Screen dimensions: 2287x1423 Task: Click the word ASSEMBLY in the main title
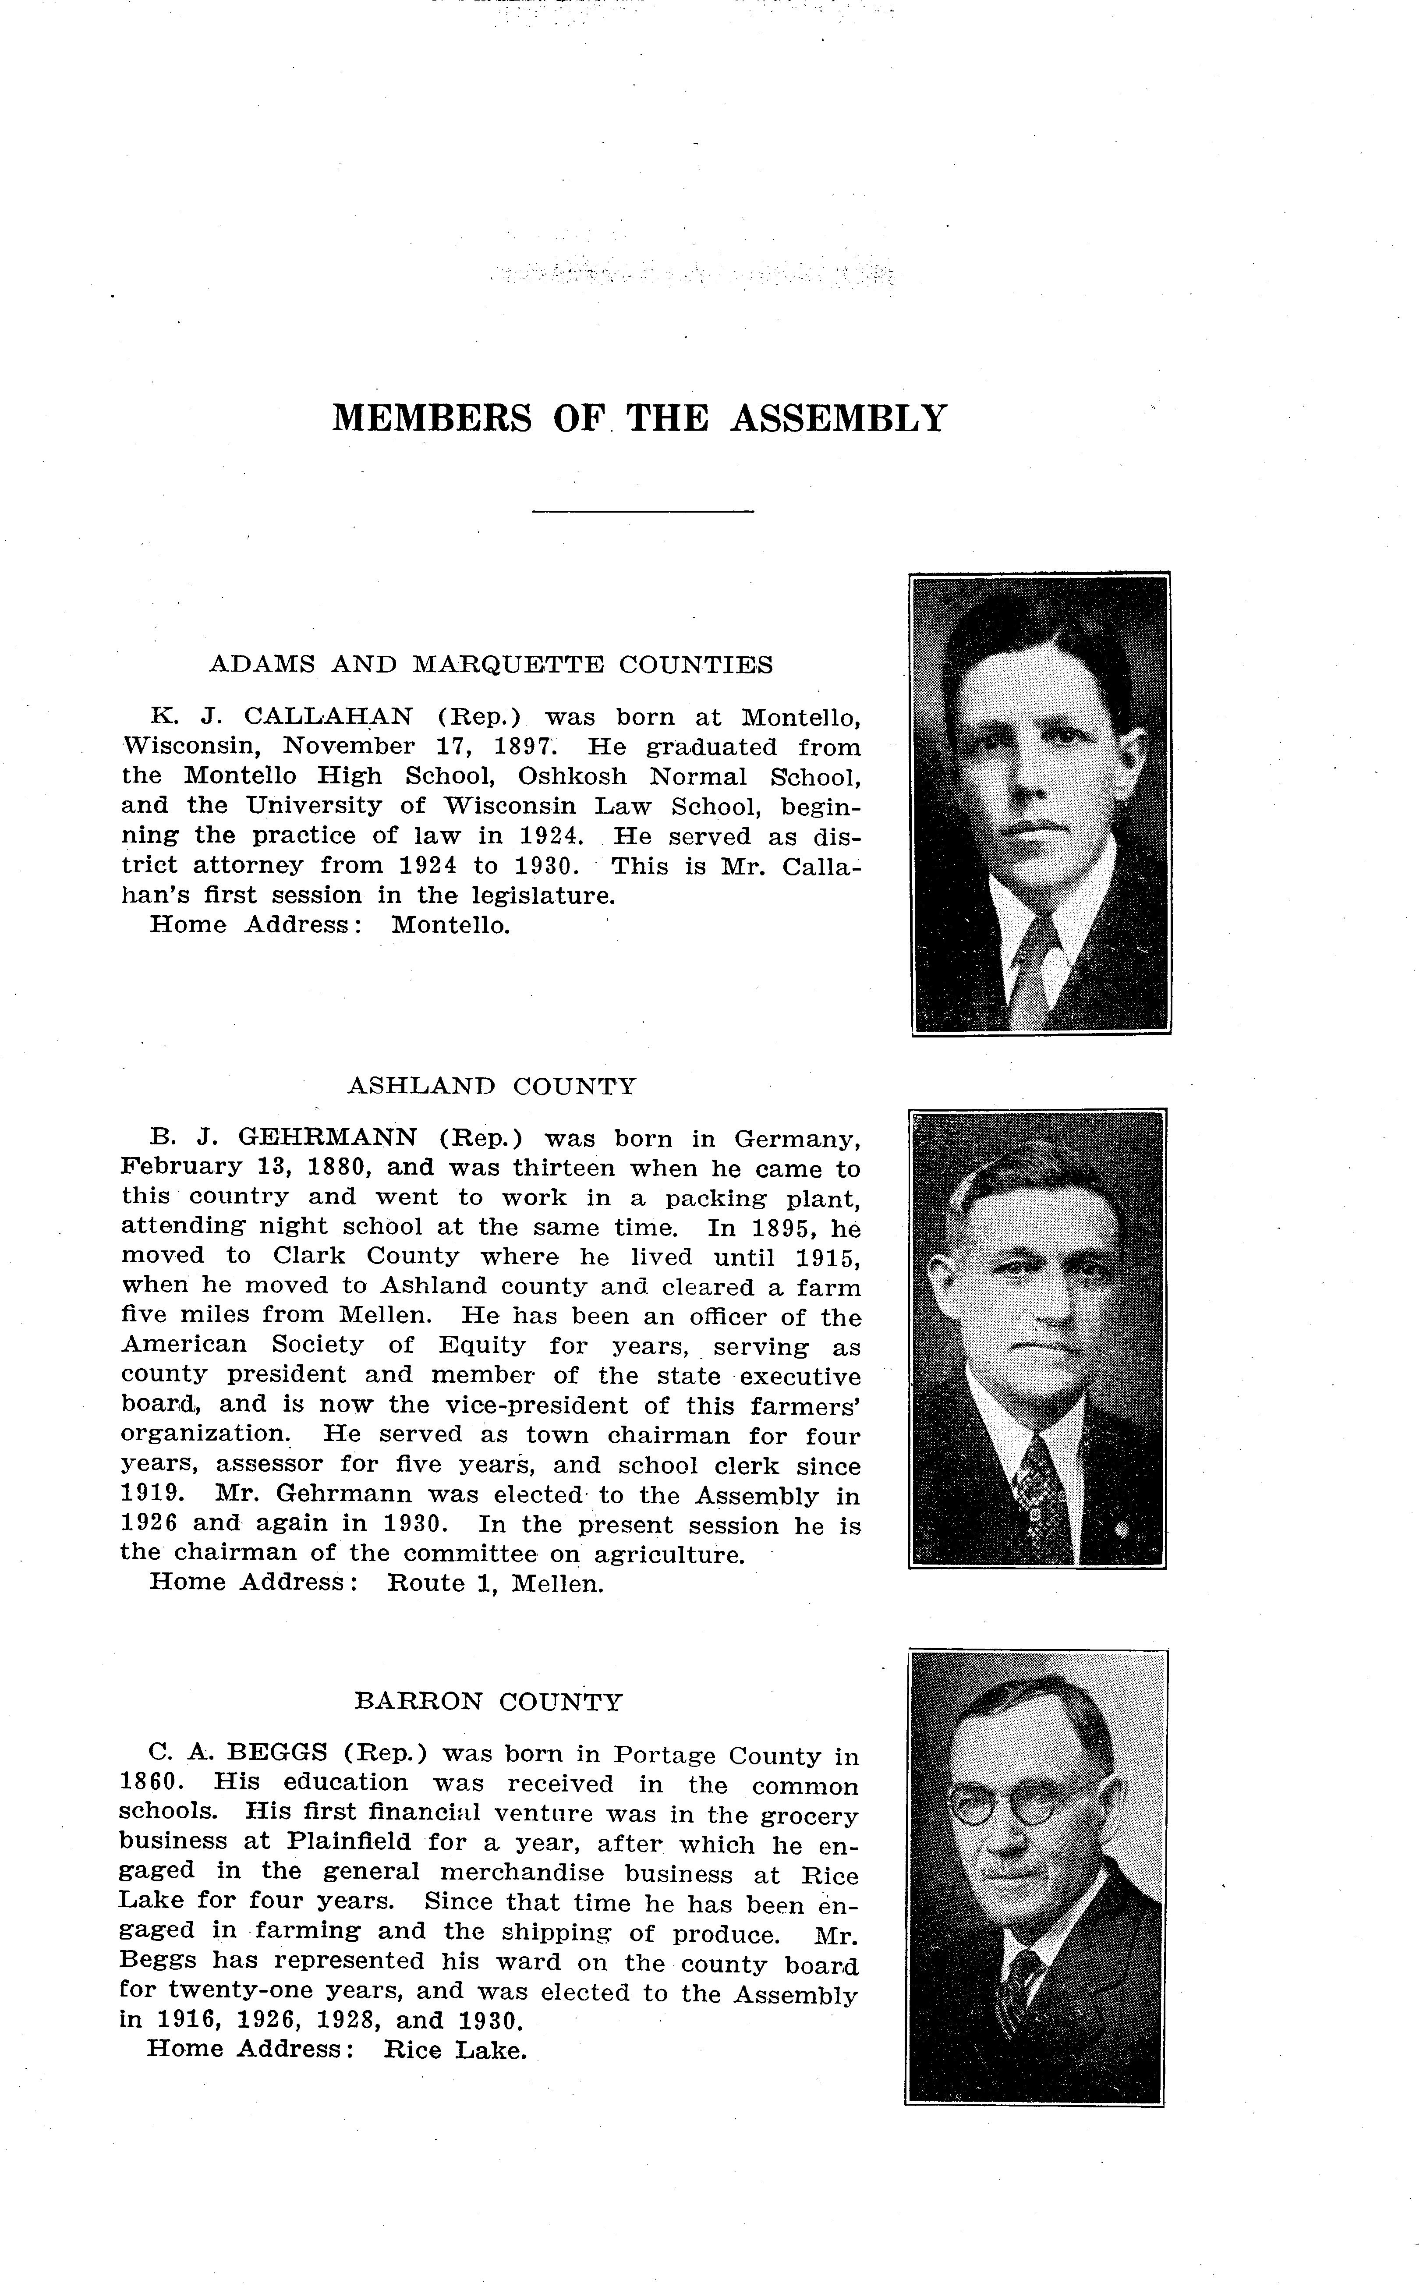pos(838,418)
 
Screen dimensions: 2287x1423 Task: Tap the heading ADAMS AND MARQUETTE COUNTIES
pos(490,665)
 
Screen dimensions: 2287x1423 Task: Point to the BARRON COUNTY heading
pos(488,1702)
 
